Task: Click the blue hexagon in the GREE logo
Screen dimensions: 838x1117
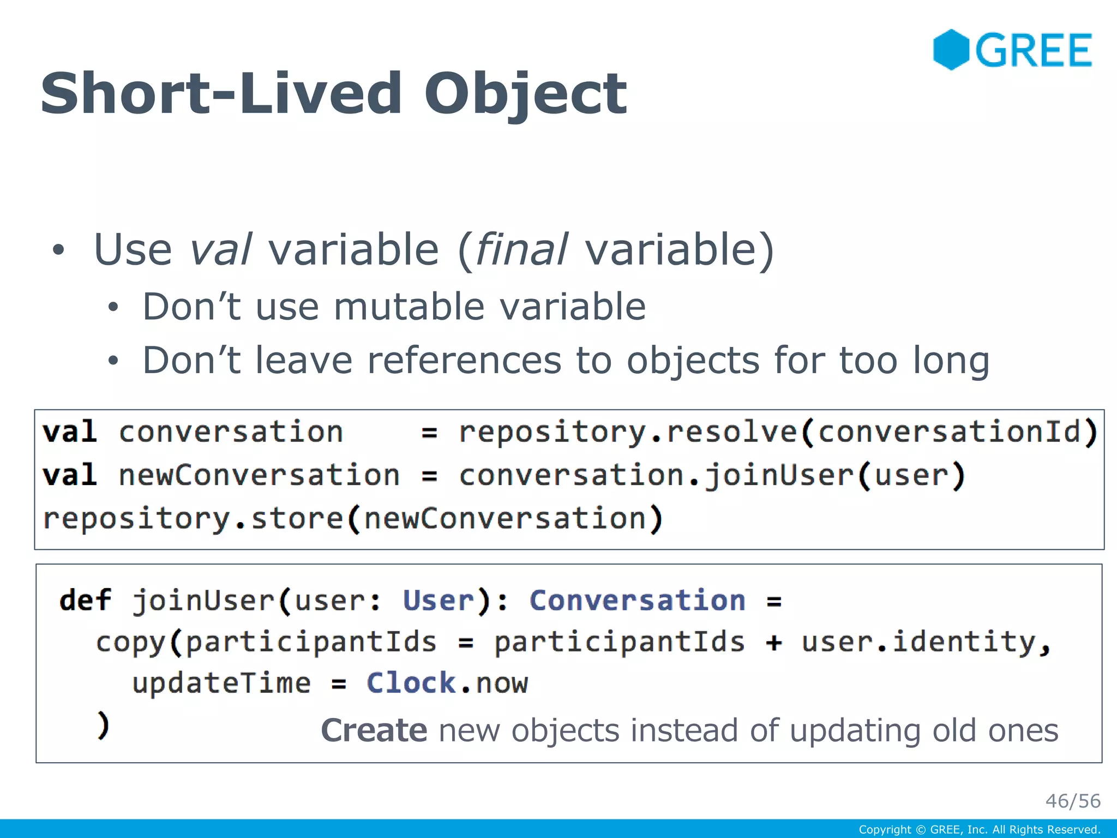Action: pos(951,50)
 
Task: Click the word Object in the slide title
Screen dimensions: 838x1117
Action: pos(525,95)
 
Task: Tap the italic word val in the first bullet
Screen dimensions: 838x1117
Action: pos(220,250)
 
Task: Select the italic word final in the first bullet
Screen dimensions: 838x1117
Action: pos(522,250)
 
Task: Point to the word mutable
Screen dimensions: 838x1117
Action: pos(409,307)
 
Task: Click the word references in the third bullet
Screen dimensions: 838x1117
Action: pos(464,361)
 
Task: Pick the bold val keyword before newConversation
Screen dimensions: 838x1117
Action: pos(70,475)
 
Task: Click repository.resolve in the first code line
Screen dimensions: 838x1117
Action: pos(627,432)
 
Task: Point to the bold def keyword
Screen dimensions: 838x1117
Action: pos(85,601)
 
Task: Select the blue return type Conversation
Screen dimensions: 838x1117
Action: pos(637,601)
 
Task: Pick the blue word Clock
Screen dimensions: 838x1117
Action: pos(411,683)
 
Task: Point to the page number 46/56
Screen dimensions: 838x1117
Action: pos(1072,801)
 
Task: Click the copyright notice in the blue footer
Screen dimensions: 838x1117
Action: pos(979,830)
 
